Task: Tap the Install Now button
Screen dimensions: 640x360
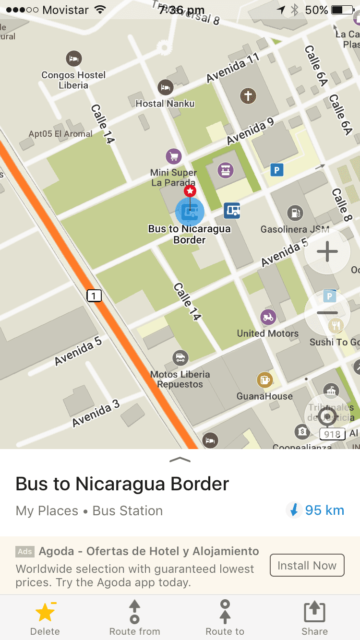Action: [x=307, y=566]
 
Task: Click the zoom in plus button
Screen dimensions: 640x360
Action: [x=327, y=251]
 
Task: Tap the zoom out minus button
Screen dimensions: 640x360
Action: [x=327, y=313]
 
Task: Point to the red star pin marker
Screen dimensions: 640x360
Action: [x=190, y=191]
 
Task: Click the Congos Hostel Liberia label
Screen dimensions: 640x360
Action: [x=73, y=80]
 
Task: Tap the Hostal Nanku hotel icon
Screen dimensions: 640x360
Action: [x=165, y=87]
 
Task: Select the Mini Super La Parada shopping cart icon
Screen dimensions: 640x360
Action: [x=173, y=156]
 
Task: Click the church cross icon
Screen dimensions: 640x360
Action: [x=248, y=96]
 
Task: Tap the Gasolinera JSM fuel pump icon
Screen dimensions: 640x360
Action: [x=294, y=213]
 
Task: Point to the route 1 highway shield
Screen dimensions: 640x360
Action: [x=94, y=296]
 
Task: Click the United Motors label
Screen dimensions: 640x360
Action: [x=267, y=333]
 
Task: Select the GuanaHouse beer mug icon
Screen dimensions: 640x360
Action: [x=264, y=380]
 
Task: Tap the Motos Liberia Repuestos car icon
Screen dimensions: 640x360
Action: [x=180, y=357]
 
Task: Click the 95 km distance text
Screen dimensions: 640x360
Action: [x=324, y=510]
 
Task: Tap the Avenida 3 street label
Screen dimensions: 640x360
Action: [x=96, y=413]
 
